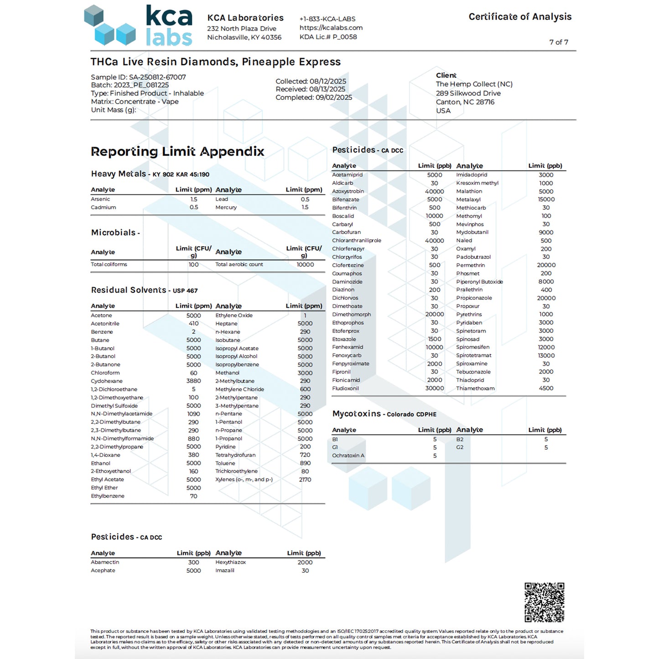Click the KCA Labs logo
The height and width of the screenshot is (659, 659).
click(139, 26)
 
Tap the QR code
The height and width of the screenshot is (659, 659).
click(544, 602)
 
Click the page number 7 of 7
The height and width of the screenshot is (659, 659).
click(558, 42)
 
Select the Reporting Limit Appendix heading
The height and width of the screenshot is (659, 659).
click(177, 151)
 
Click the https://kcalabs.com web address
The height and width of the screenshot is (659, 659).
click(331, 28)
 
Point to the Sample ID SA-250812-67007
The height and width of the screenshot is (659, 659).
click(138, 77)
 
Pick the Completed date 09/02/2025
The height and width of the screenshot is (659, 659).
click(314, 98)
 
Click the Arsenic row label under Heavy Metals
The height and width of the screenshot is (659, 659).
click(100, 199)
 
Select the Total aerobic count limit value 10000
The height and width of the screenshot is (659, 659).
click(305, 265)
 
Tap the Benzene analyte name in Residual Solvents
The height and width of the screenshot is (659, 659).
click(102, 332)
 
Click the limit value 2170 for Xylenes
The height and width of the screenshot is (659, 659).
click(305, 480)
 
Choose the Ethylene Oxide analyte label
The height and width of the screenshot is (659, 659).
click(234, 316)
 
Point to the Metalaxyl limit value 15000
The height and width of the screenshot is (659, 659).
click(546, 200)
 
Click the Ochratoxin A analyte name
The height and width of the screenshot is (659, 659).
click(348, 456)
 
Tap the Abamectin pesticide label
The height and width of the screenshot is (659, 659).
click(105, 562)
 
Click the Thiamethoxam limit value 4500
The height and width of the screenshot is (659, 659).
click(546, 389)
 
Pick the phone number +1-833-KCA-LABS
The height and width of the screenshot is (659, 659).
click(327, 19)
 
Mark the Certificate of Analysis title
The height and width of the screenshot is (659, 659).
click(520, 17)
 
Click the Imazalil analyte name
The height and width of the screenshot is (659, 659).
click(225, 571)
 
